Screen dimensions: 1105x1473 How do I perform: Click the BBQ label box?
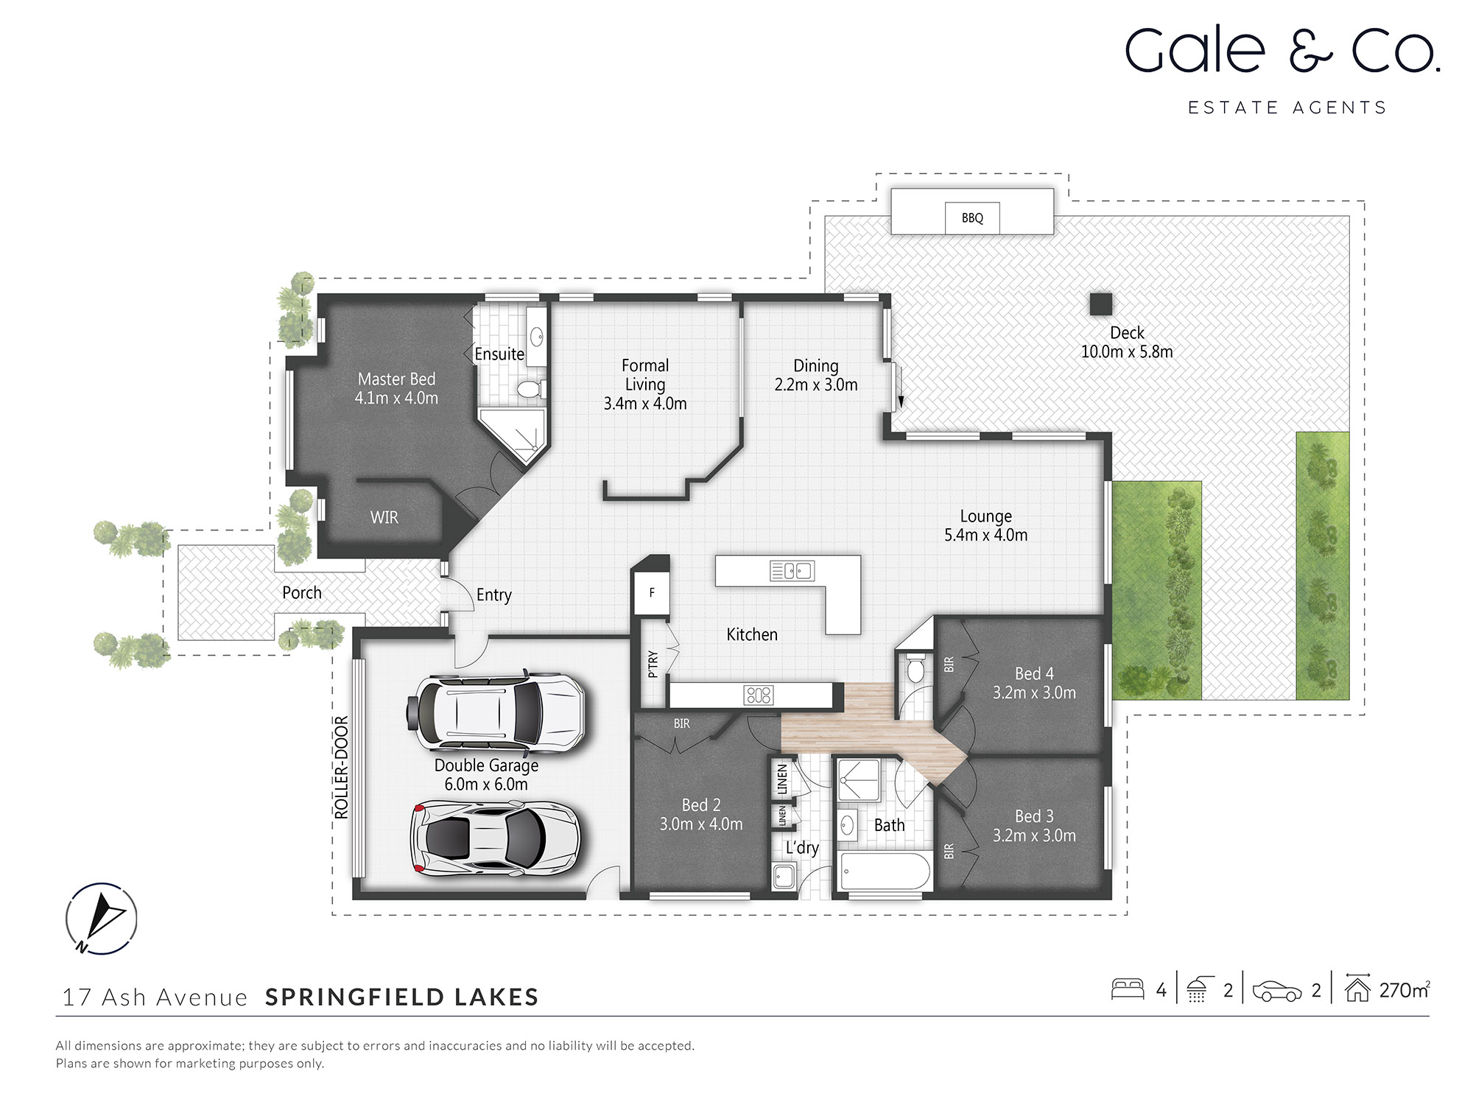point(972,218)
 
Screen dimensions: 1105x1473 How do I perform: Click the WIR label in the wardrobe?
point(384,518)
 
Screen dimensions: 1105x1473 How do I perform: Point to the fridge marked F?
point(652,592)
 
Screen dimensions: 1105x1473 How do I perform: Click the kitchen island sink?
point(792,570)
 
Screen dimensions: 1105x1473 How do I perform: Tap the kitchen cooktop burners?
point(758,695)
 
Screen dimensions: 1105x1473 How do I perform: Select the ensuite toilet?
point(530,389)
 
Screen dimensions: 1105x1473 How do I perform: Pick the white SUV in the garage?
point(495,713)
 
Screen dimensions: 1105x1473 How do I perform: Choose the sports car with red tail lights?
point(495,838)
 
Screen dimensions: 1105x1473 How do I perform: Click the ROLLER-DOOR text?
point(341,767)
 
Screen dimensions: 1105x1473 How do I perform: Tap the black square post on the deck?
point(1101,304)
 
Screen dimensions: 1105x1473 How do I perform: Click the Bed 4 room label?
point(1034,673)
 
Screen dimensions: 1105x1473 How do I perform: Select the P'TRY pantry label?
point(653,664)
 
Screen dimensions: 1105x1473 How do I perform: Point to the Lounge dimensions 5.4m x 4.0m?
point(985,536)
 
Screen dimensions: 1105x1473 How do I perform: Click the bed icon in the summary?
point(1127,989)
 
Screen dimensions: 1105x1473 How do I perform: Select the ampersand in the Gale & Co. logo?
point(1309,52)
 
